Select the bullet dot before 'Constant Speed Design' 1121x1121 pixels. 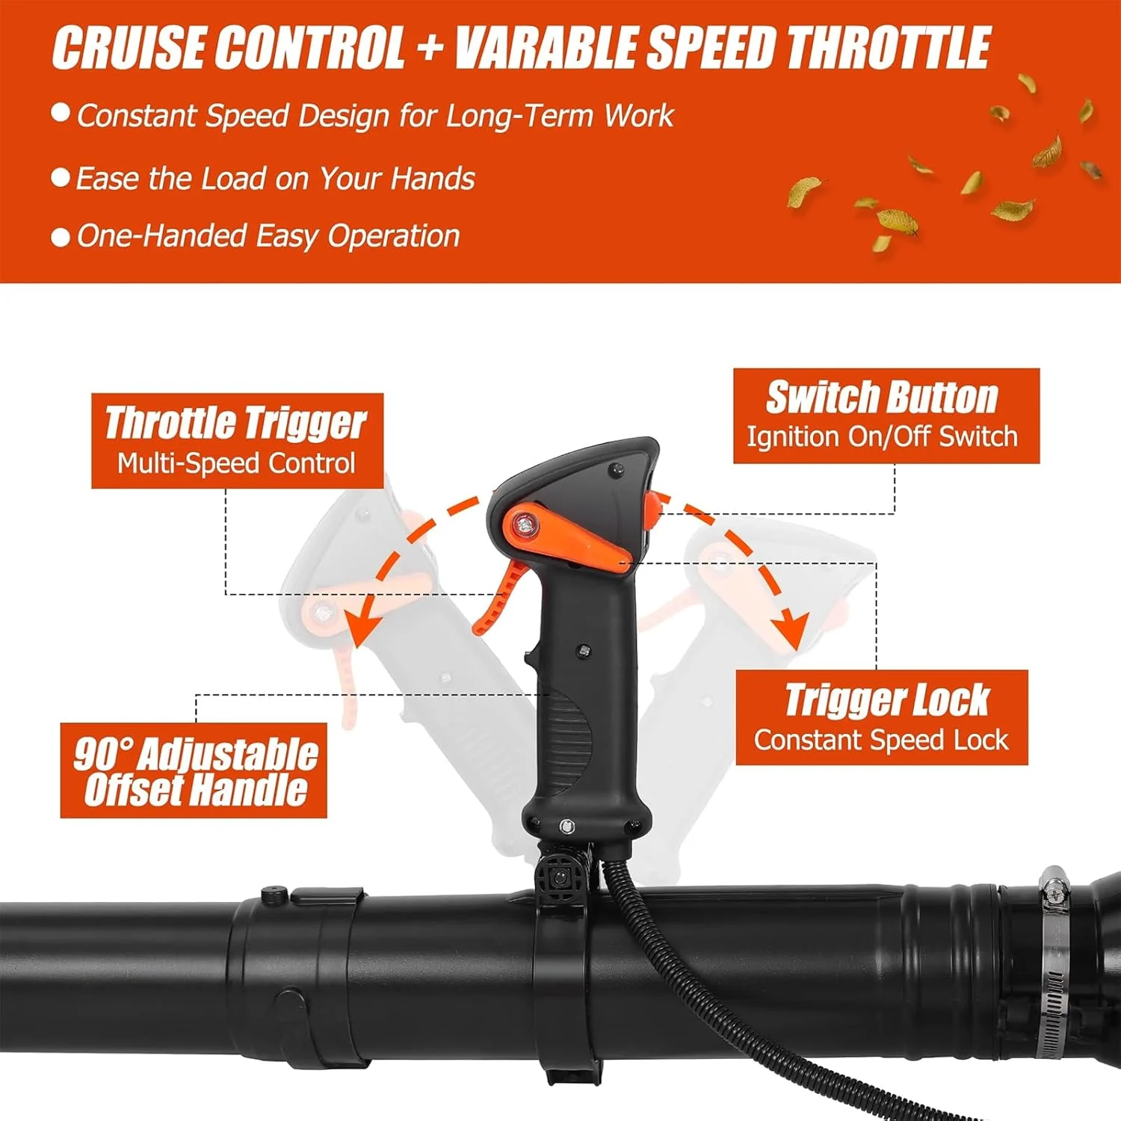61,114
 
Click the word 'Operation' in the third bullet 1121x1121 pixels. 394,237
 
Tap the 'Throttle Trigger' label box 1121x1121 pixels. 237,441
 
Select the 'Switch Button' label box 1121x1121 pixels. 886,416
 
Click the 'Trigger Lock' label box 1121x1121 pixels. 882,717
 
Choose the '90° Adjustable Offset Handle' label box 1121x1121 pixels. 194,770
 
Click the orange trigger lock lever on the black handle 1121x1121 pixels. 568,538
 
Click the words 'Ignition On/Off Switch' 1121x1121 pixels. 882,436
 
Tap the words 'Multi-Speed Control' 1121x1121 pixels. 236,463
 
